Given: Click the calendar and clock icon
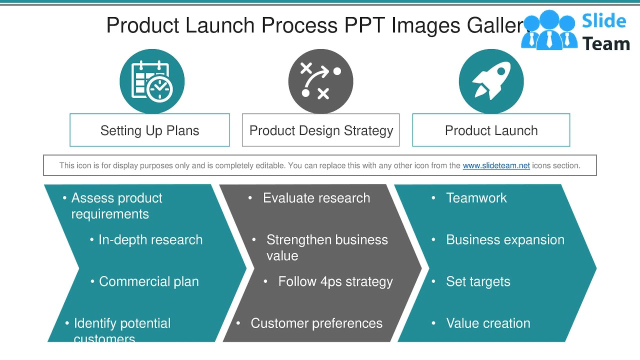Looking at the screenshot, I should click(x=152, y=81).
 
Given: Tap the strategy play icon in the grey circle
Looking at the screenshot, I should click(x=320, y=81).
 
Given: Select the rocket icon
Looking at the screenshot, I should click(x=491, y=81).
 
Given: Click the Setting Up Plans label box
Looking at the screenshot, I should click(x=149, y=130).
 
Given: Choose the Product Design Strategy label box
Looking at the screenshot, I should click(x=320, y=130).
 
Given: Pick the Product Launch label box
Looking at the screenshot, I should click(x=491, y=130).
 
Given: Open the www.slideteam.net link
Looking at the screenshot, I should click(x=496, y=165).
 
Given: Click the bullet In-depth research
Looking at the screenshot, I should click(x=150, y=240).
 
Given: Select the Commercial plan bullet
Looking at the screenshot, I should click(x=148, y=281).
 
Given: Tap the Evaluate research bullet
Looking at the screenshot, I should click(x=316, y=198).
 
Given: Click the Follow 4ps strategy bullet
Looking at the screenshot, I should click(x=335, y=281).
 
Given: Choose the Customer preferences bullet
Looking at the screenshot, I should click(x=316, y=323).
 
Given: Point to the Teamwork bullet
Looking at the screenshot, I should click(x=476, y=198).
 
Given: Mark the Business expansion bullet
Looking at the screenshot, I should click(x=505, y=240).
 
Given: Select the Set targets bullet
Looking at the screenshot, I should click(x=478, y=281).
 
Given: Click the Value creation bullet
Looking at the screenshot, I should click(x=488, y=323).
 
